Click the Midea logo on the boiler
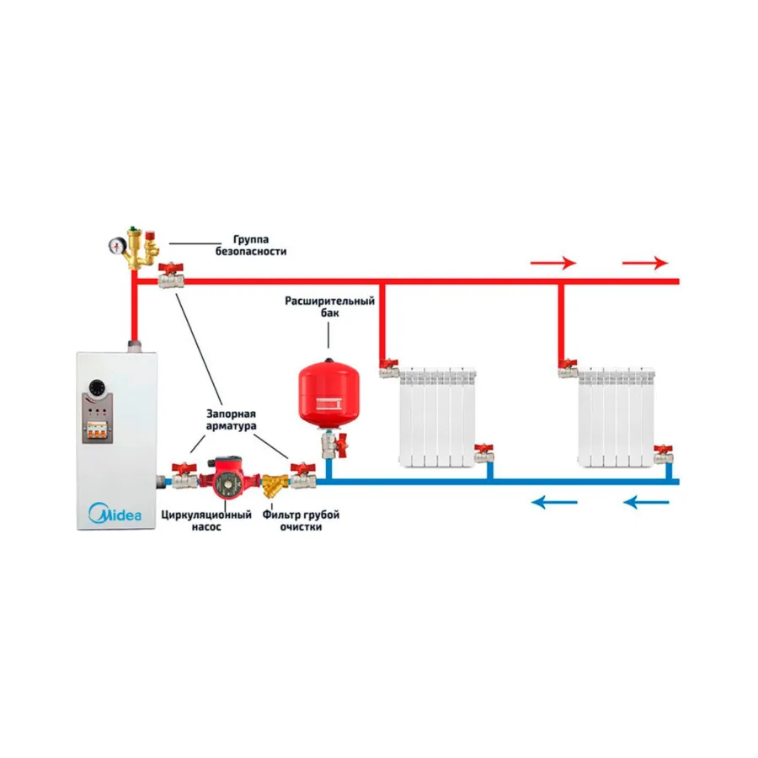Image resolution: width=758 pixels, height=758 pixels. pos(115,513)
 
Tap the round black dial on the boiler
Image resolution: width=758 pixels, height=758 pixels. pos(98,387)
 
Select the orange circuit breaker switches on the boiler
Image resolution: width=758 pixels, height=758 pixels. pos(97,430)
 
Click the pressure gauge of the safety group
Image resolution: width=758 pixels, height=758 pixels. pos(116,246)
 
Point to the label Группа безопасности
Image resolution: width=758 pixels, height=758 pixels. pos(251,245)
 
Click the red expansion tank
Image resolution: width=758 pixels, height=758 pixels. pos(328,393)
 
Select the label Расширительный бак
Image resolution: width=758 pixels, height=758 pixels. pos(329,307)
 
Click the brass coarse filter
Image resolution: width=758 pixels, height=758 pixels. pos(274,485)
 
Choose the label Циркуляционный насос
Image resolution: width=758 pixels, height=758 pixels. pos(206,520)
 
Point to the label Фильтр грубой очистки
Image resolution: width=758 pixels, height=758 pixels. pos(301,520)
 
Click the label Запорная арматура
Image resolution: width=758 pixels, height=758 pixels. pos(231,419)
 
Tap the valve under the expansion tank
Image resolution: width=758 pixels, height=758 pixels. pos(334,445)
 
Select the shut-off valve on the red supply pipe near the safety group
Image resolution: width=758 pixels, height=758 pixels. pos(171,275)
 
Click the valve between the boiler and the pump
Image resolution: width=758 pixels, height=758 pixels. pos(184,476)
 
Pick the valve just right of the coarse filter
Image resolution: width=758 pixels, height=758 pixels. pos(303,476)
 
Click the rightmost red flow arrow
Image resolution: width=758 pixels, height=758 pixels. pos(645,263)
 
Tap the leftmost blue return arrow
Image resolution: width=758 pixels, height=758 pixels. pos(554,502)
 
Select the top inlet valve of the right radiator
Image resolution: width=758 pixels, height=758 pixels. pos(568,368)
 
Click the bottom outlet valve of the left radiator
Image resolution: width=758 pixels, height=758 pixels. pos(484,453)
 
